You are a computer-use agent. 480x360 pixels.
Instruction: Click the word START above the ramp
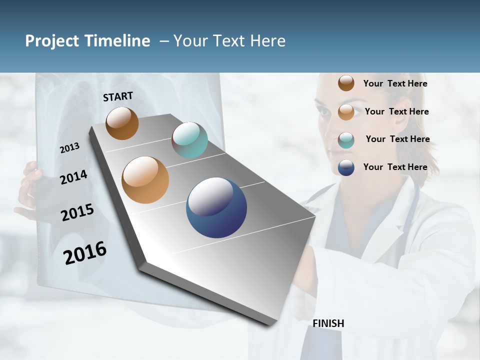(118, 96)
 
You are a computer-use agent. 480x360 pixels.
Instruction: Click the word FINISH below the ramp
(328, 323)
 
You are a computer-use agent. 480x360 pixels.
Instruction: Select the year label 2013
(70, 148)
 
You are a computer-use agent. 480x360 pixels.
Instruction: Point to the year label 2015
(77, 212)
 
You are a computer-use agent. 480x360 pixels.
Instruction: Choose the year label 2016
(85, 253)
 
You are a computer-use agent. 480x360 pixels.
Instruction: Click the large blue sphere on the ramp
(216, 207)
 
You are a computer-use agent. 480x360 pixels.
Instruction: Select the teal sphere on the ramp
(189, 140)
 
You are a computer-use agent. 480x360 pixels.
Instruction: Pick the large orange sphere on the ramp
(145, 179)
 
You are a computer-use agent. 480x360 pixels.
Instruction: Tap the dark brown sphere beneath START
(122, 123)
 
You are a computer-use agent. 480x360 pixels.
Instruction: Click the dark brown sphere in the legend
(346, 83)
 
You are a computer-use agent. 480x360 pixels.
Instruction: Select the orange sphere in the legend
(346, 111)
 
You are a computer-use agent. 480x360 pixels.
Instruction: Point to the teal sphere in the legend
(346, 139)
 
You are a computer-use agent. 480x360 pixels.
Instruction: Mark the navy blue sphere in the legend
(346, 167)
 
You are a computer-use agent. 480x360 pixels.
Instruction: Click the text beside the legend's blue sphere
(395, 167)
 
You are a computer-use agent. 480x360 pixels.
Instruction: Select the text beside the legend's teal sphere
(397, 139)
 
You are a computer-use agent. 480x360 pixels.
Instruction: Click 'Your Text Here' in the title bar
(229, 41)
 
